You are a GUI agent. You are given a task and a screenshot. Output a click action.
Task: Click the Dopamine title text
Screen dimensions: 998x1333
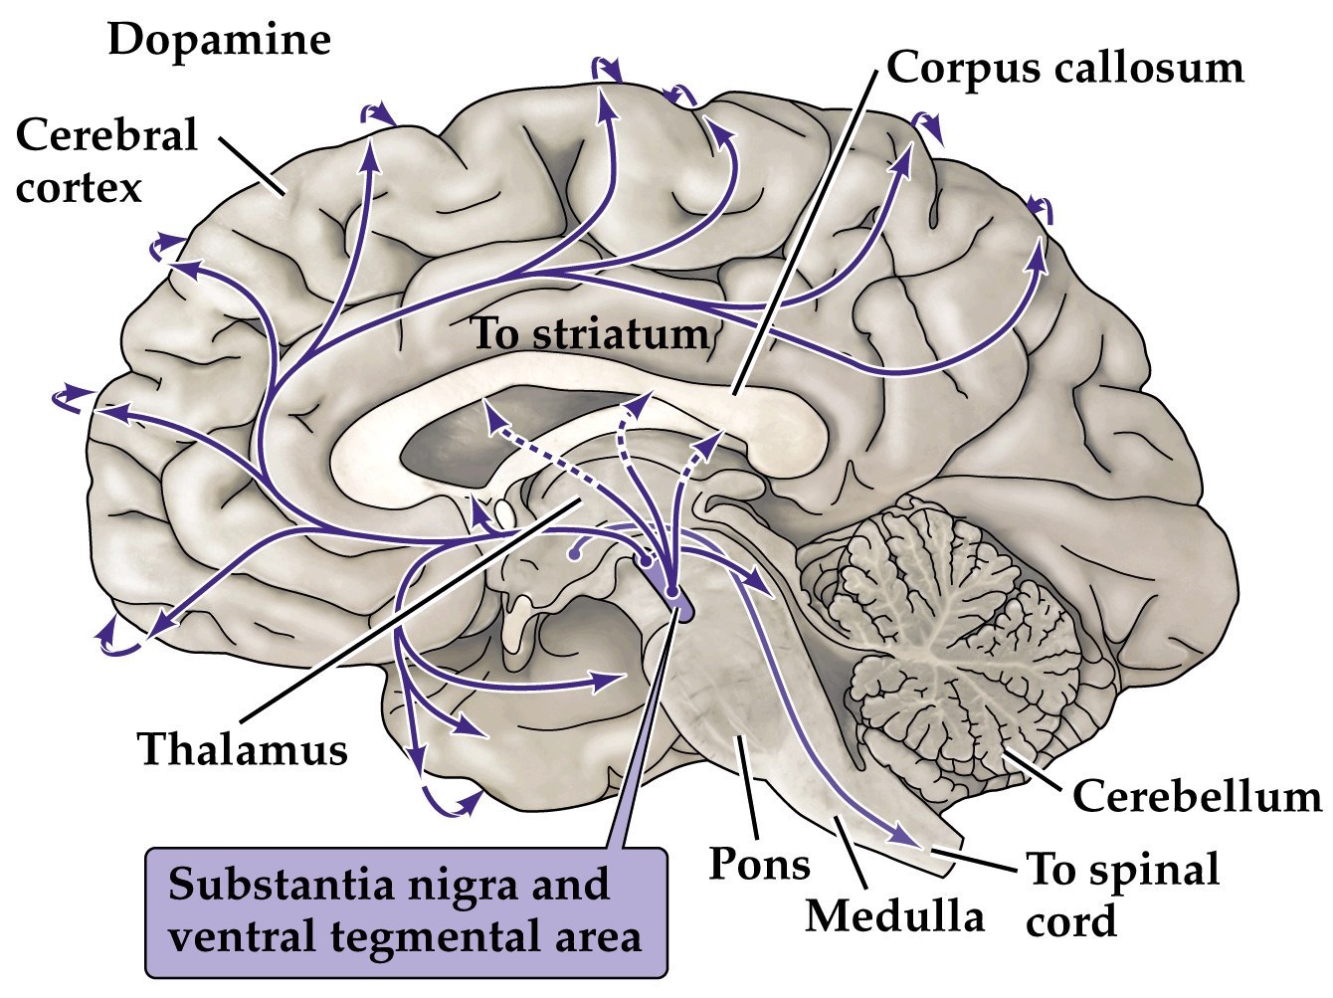(219, 40)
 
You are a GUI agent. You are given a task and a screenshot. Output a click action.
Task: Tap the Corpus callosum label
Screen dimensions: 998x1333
(1064, 68)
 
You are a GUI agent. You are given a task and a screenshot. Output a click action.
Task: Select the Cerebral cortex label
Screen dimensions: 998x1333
(106, 159)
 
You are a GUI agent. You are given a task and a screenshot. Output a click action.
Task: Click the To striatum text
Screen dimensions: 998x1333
(589, 333)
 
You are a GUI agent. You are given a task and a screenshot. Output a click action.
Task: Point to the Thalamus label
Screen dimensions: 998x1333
(243, 748)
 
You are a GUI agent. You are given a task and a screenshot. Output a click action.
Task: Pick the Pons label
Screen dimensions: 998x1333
(758, 864)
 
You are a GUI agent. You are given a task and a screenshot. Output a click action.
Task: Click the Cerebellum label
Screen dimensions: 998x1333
(1197, 797)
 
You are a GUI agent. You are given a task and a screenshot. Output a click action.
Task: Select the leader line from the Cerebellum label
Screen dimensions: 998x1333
(1035, 771)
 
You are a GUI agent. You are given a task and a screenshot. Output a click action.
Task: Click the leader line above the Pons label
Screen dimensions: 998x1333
(747, 786)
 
